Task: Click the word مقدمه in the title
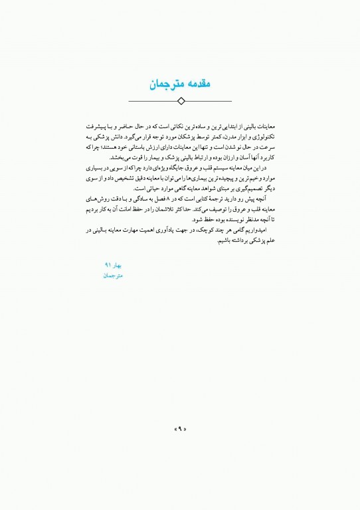coord(197,84)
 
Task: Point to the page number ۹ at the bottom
coord(180,430)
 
